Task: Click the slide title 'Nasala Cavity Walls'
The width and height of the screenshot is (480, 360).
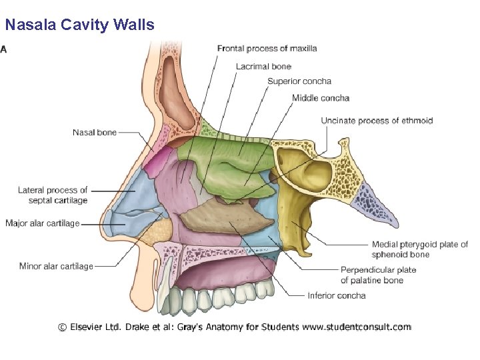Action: (x=79, y=25)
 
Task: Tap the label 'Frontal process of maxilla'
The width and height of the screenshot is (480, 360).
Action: (x=267, y=49)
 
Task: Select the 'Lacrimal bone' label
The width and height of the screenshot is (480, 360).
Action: (x=263, y=66)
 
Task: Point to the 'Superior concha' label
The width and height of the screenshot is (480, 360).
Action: (x=299, y=82)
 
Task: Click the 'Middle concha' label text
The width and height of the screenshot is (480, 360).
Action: (x=320, y=99)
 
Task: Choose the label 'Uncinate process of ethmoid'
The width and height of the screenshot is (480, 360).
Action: (x=377, y=121)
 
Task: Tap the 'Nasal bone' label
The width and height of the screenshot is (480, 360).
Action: (x=94, y=133)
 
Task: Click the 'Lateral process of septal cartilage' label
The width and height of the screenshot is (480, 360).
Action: (x=53, y=195)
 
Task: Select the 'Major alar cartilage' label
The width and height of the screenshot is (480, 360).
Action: (x=42, y=223)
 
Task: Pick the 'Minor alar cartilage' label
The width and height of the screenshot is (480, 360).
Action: (x=56, y=267)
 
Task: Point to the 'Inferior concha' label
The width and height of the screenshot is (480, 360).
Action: (x=336, y=295)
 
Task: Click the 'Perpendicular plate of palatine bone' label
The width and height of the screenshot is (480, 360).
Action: (x=378, y=275)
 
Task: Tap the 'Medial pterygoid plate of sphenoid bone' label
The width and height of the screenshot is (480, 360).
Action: (x=419, y=249)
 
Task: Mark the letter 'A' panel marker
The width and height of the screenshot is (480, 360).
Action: (x=4, y=49)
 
